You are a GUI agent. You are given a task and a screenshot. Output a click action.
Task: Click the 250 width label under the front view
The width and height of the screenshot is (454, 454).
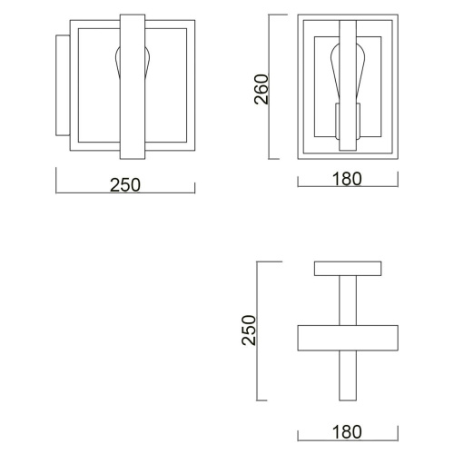click(125, 184)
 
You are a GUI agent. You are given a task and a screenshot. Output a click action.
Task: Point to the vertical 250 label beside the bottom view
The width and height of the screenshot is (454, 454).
click(247, 331)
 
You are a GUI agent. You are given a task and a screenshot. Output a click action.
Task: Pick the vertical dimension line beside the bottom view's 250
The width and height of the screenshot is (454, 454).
click(261, 331)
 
